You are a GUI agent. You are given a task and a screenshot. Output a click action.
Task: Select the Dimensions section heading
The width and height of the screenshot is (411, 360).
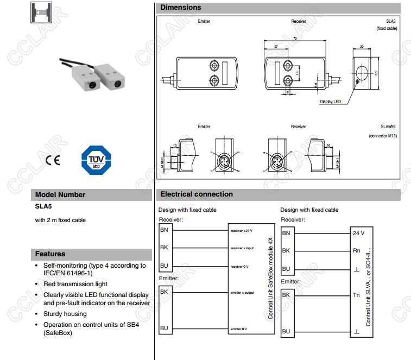tap(181, 8)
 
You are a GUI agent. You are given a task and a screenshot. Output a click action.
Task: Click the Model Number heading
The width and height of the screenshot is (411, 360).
tap(60, 194)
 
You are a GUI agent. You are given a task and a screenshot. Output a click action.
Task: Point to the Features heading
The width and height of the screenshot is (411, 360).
tap(50, 254)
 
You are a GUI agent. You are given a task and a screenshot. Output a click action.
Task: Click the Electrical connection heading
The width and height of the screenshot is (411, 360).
tap(197, 194)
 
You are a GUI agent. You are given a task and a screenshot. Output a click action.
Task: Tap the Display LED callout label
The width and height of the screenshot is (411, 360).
tap(330, 102)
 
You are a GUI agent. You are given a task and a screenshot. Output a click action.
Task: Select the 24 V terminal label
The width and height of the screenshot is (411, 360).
tap(359, 233)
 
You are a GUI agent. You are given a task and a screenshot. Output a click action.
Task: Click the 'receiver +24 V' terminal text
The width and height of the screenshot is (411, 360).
tap(242, 230)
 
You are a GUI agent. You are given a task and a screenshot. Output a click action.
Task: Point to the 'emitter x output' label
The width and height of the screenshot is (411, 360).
tap(242, 292)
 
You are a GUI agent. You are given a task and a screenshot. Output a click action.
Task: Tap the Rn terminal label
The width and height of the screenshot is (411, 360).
tap(356, 250)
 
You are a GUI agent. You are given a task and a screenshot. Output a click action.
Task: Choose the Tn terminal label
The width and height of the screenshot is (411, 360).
tap(356, 294)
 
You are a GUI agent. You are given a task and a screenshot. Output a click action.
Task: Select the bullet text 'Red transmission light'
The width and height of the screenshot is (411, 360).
tap(75, 283)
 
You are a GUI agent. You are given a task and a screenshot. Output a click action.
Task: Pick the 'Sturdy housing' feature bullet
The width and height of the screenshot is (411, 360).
tap(65, 314)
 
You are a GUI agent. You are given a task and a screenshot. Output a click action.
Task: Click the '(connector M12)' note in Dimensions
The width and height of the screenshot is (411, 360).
tap(383, 136)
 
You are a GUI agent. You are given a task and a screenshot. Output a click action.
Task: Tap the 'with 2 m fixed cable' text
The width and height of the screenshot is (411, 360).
tap(60, 220)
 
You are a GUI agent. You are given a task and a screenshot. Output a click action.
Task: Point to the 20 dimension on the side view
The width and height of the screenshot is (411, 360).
tap(362, 47)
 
